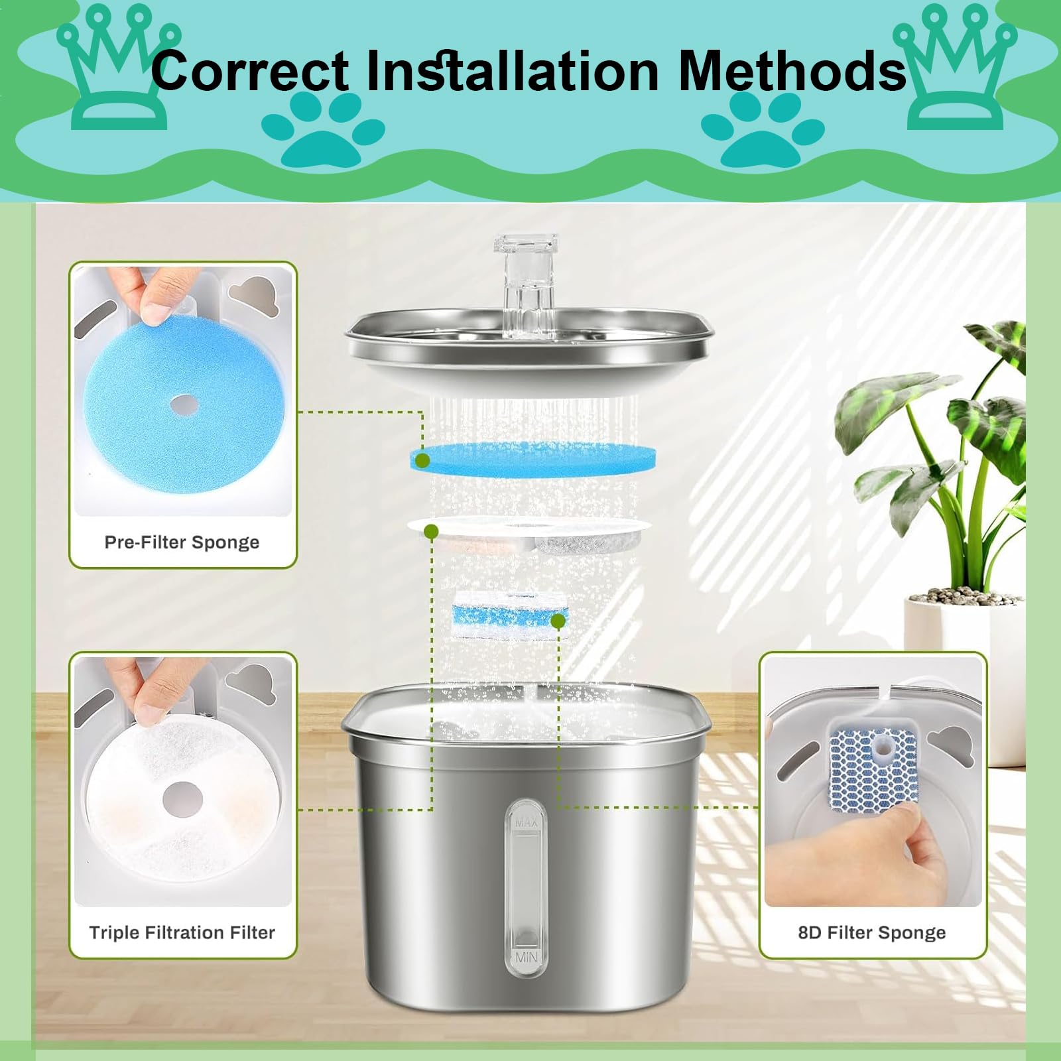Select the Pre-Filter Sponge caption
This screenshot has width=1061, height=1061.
pyautogui.click(x=182, y=542)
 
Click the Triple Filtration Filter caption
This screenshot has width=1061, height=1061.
pyautogui.click(x=182, y=932)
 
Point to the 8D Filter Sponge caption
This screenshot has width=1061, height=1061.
pyautogui.click(x=872, y=932)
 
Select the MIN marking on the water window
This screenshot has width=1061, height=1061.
pyautogui.click(x=526, y=958)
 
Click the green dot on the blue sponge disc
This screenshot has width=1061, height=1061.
pyautogui.click(x=424, y=460)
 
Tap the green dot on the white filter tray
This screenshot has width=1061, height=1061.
pyautogui.click(x=431, y=531)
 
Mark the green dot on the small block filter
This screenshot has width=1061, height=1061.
pyautogui.click(x=558, y=621)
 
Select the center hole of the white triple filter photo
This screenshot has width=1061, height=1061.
pyautogui.click(x=182, y=794)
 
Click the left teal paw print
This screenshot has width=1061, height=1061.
pyautogui.click(x=323, y=129)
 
